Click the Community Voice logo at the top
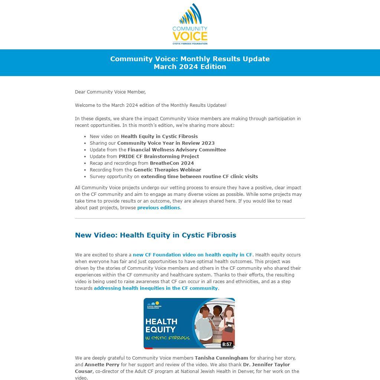(x=190, y=24)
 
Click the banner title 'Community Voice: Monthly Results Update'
(x=190, y=59)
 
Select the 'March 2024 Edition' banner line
(x=190, y=67)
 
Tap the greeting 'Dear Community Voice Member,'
(x=110, y=92)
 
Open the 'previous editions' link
(x=158, y=208)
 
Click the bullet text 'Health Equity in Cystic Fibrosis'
(x=159, y=136)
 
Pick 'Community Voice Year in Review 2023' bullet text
(x=166, y=143)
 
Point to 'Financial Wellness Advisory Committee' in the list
(x=177, y=150)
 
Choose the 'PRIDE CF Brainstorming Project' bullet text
(x=159, y=156)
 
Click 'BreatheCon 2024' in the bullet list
(x=172, y=163)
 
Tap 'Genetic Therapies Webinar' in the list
(x=167, y=170)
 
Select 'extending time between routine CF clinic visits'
(x=199, y=176)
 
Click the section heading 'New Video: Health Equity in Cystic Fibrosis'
(x=155, y=235)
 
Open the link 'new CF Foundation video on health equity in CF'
(x=192, y=255)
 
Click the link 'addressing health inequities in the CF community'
(x=155, y=288)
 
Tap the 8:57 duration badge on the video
(x=227, y=344)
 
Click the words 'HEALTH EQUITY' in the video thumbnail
(x=161, y=325)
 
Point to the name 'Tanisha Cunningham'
(x=221, y=358)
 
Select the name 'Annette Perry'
(x=102, y=365)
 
